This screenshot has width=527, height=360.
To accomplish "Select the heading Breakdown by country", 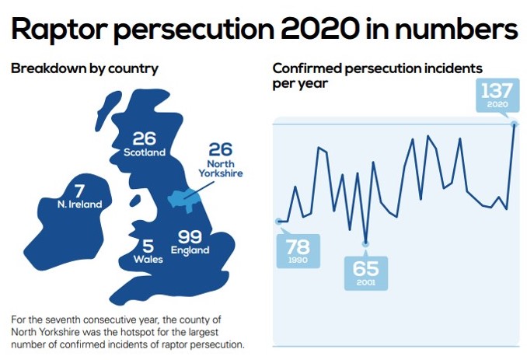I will click(x=85, y=68).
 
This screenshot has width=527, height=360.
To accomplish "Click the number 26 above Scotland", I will click(x=145, y=138).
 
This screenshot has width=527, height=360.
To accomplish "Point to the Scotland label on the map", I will click(x=145, y=152).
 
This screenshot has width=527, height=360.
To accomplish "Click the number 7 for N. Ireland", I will click(x=79, y=190).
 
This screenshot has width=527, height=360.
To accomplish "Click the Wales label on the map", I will click(x=148, y=259).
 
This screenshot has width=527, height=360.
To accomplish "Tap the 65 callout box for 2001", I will click(x=365, y=273).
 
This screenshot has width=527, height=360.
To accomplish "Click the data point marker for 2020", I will click(x=513, y=123).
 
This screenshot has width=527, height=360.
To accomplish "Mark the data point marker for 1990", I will click(x=279, y=222).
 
